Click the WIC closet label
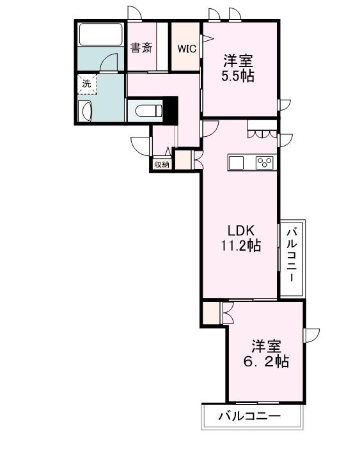(x=187, y=49)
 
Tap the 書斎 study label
(x=141, y=48)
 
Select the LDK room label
(x=241, y=231)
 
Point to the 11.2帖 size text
(x=241, y=246)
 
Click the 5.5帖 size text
(x=238, y=76)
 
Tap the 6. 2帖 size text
(x=266, y=361)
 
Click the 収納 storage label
(x=162, y=164)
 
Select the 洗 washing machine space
(x=87, y=84)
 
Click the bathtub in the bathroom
(x=101, y=34)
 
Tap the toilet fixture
(x=148, y=111)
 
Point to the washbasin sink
(x=86, y=111)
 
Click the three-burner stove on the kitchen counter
(x=265, y=162)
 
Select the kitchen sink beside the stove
(x=237, y=162)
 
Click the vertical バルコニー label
(x=292, y=254)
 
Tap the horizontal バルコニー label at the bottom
(x=249, y=416)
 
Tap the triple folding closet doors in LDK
(x=262, y=135)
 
